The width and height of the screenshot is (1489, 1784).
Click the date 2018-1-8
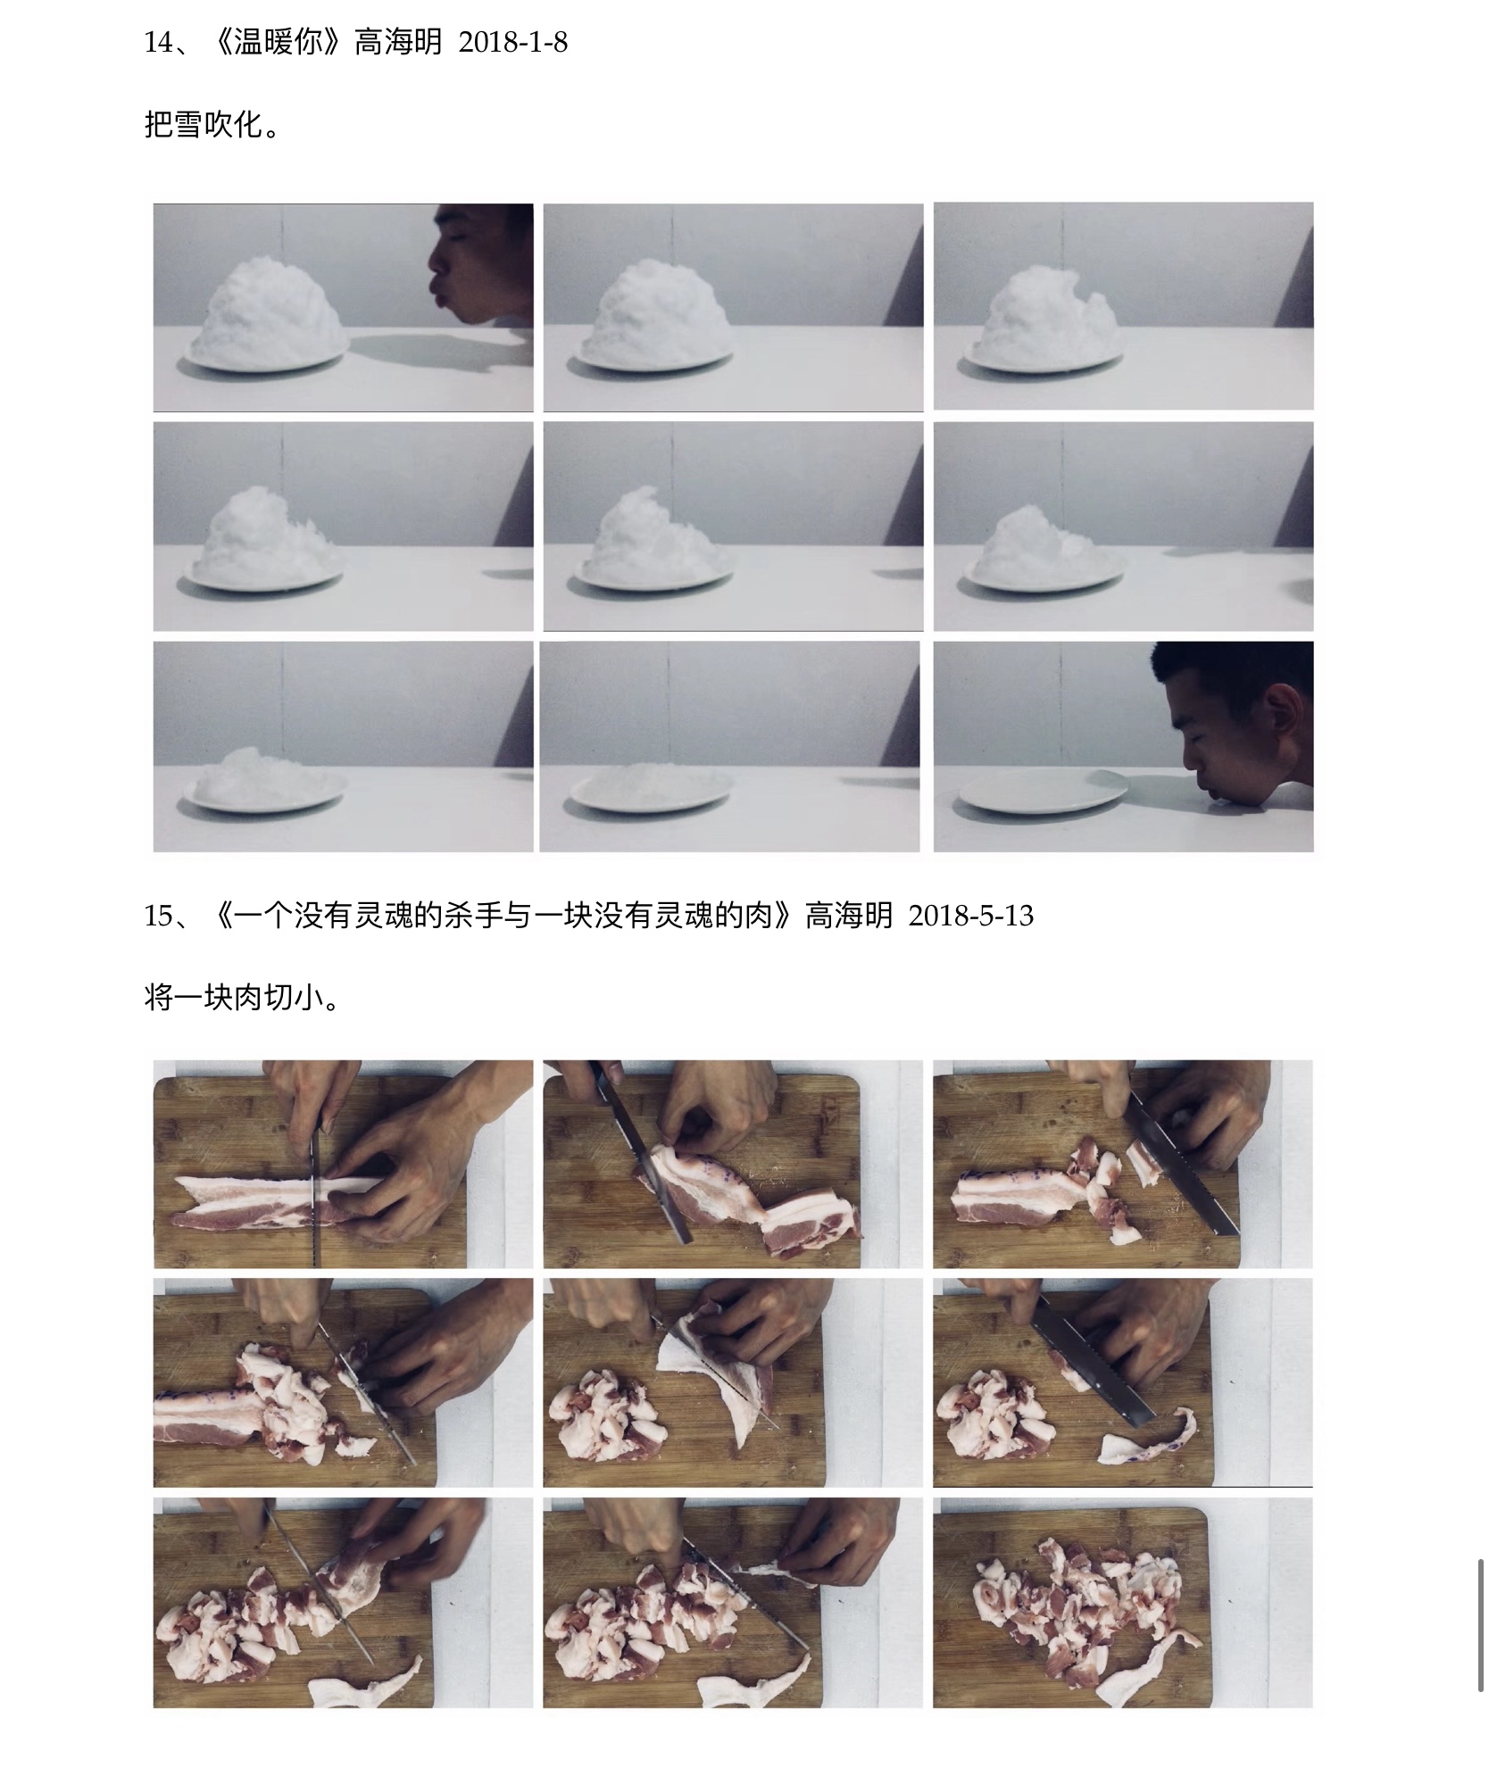click(512, 43)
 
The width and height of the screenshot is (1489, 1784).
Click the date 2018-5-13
click(970, 916)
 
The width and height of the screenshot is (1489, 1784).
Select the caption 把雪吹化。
click(212, 125)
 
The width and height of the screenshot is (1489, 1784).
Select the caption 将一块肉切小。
click(241, 997)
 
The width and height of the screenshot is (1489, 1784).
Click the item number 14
click(159, 43)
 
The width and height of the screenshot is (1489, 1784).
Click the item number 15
click(159, 916)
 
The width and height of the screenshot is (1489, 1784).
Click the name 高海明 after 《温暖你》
click(398, 43)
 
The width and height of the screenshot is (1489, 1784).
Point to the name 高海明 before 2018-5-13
click(849, 916)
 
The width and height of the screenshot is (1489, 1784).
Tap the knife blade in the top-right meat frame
click(1183, 1160)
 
